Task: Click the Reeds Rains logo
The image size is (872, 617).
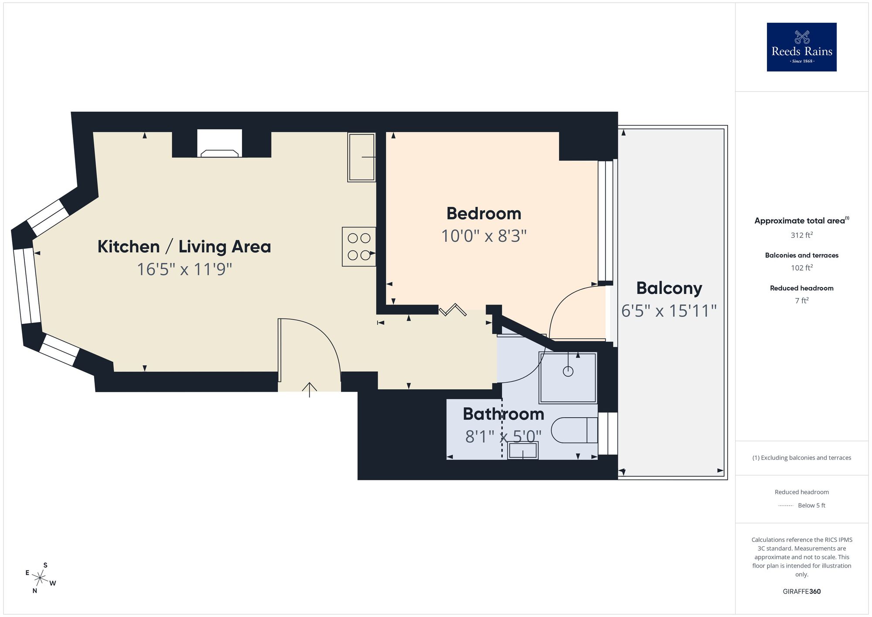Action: pyautogui.click(x=801, y=47)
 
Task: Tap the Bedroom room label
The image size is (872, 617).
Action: pyautogui.click(x=484, y=214)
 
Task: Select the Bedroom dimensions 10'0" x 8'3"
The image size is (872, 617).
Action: pyautogui.click(x=484, y=236)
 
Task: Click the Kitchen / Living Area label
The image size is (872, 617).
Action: pyautogui.click(x=184, y=247)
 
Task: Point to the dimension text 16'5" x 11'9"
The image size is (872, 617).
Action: pyautogui.click(x=184, y=269)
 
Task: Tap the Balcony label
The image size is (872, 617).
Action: pyautogui.click(x=669, y=288)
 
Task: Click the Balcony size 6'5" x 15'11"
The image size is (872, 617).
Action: pyautogui.click(x=669, y=311)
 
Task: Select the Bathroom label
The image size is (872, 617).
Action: pyautogui.click(x=503, y=414)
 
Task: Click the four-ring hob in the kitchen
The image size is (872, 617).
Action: pyautogui.click(x=359, y=247)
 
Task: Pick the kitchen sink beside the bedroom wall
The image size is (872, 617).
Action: pyautogui.click(x=361, y=157)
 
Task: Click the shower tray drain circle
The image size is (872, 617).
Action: pyautogui.click(x=568, y=371)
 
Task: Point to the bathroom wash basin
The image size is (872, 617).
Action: pyautogui.click(x=522, y=450)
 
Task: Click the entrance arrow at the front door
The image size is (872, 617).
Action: pyautogui.click(x=310, y=389)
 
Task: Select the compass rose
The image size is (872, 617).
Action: pyautogui.click(x=40, y=579)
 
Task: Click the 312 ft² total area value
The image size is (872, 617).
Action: pyautogui.click(x=801, y=235)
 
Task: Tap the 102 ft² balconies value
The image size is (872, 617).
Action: pyautogui.click(x=801, y=268)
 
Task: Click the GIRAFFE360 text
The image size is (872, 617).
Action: pyautogui.click(x=801, y=592)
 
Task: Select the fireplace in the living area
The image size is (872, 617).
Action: pyautogui.click(x=219, y=144)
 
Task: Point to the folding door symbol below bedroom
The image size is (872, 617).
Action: pyautogui.click(x=453, y=310)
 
